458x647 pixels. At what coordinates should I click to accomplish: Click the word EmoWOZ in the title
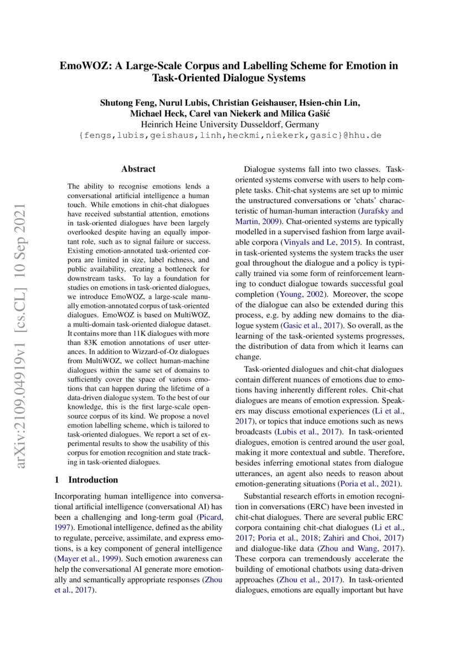point(83,66)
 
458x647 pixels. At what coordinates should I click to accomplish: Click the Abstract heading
point(138,169)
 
